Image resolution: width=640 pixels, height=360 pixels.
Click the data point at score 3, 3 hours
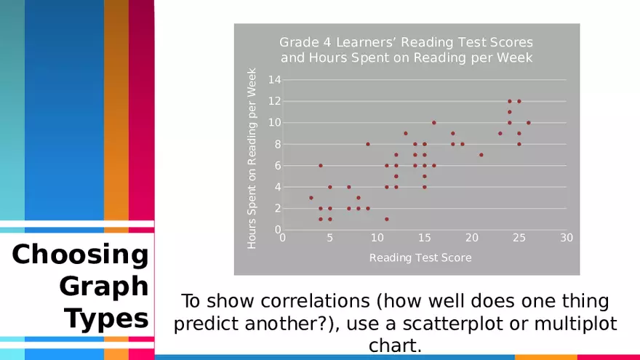pos(311,198)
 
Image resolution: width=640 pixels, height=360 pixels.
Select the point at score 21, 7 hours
pos(481,155)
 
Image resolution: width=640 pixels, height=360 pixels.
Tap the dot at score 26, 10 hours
pos(529,123)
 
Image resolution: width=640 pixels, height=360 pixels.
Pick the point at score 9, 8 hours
pos(368,144)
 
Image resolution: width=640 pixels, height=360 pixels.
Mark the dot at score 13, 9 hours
pos(406,134)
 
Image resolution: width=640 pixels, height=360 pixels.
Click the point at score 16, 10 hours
pos(434,123)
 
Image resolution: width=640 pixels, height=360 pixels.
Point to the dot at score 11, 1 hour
pos(387,219)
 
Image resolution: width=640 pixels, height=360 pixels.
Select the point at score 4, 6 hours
pos(321,166)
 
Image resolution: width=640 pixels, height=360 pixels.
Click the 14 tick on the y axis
pos(275,79)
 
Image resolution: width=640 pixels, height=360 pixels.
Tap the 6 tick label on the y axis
pos(278,166)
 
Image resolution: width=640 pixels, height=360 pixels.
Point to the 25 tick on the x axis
pos(519,238)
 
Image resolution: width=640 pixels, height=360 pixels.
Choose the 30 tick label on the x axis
pos(567,238)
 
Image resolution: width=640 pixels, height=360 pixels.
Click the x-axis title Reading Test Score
pos(420,257)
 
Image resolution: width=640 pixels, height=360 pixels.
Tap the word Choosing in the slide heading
pos(81,255)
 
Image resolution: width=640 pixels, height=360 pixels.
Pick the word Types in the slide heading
pos(106,319)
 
